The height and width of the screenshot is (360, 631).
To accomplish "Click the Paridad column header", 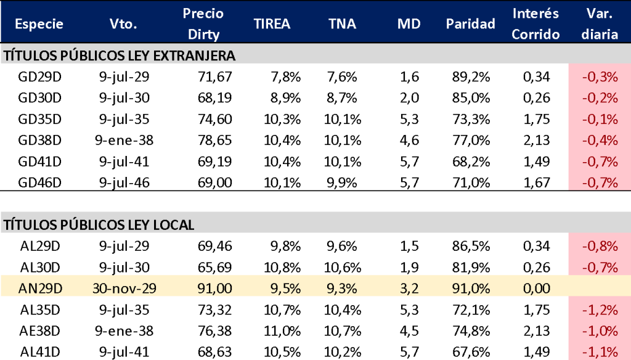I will click(470, 24).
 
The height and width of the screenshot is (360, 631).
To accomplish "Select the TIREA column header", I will click(272, 24).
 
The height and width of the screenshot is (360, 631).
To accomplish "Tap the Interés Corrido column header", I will click(535, 23).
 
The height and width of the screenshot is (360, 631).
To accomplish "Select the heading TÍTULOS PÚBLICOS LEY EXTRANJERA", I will click(120, 56).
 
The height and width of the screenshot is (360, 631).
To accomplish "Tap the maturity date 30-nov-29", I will click(124, 288).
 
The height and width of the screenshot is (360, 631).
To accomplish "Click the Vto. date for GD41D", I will click(124, 162).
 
